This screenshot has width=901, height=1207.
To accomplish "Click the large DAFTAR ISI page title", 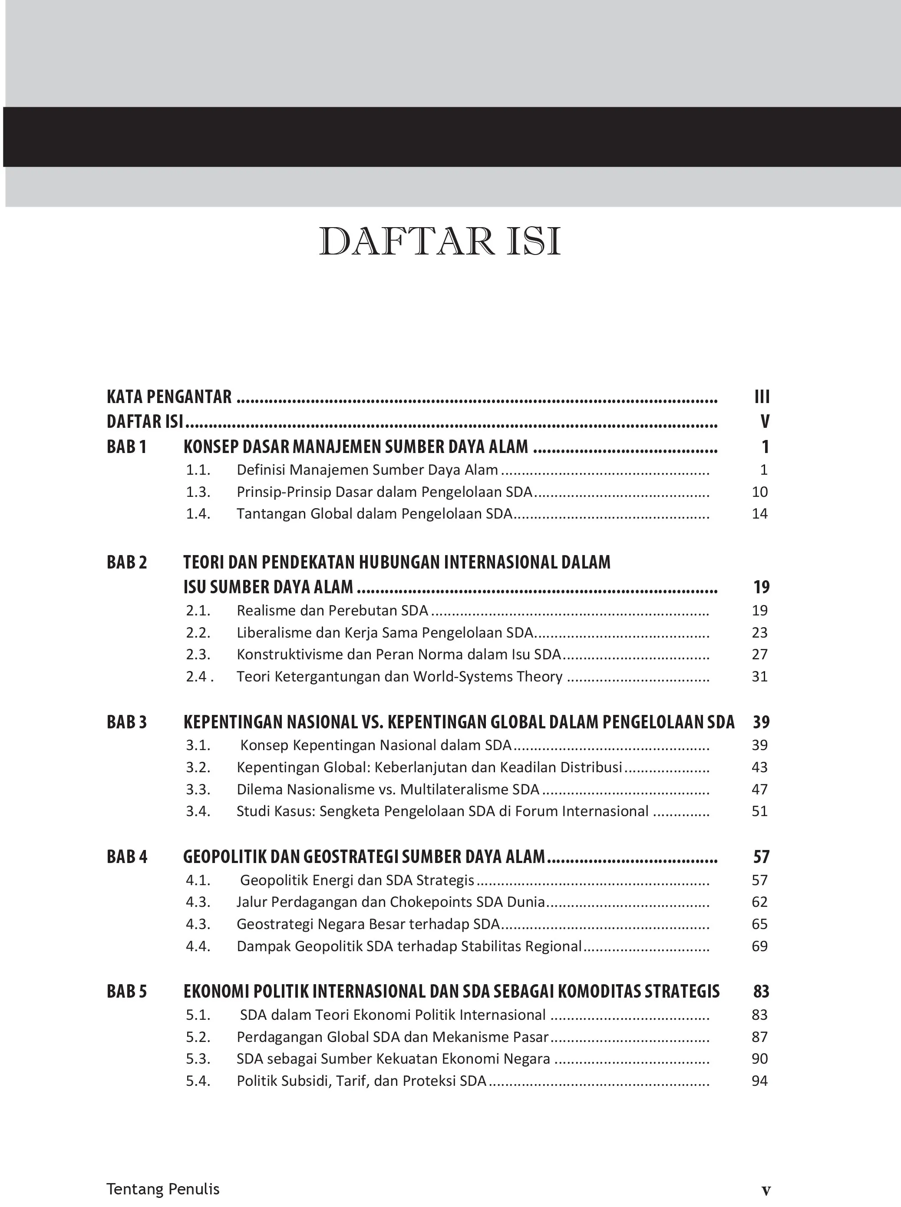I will [x=439, y=241].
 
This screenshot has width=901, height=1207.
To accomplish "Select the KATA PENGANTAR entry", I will [x=169, y=397].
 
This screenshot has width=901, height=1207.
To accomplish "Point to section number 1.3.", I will [x=198, y=492].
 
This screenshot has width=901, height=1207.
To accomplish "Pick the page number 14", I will [x=759, y=514].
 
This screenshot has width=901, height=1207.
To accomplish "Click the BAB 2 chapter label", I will [x=126, y=562].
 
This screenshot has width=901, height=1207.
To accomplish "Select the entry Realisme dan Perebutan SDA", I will [x=332, y=610].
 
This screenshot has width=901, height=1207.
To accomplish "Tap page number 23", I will [x=759, y=633].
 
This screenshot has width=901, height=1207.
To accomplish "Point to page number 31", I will [x=759, y=677].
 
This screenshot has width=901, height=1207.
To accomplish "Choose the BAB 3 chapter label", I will [x=126, y=722].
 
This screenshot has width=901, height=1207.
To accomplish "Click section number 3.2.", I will [x=198, y=767].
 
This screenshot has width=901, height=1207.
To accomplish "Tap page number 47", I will [x=759, y=790].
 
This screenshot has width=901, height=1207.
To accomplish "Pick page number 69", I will [x=759, y=946].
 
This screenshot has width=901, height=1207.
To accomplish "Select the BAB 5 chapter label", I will [x=126, y=991].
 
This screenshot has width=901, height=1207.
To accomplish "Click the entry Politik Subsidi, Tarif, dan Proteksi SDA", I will [x=361, y=1081].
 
